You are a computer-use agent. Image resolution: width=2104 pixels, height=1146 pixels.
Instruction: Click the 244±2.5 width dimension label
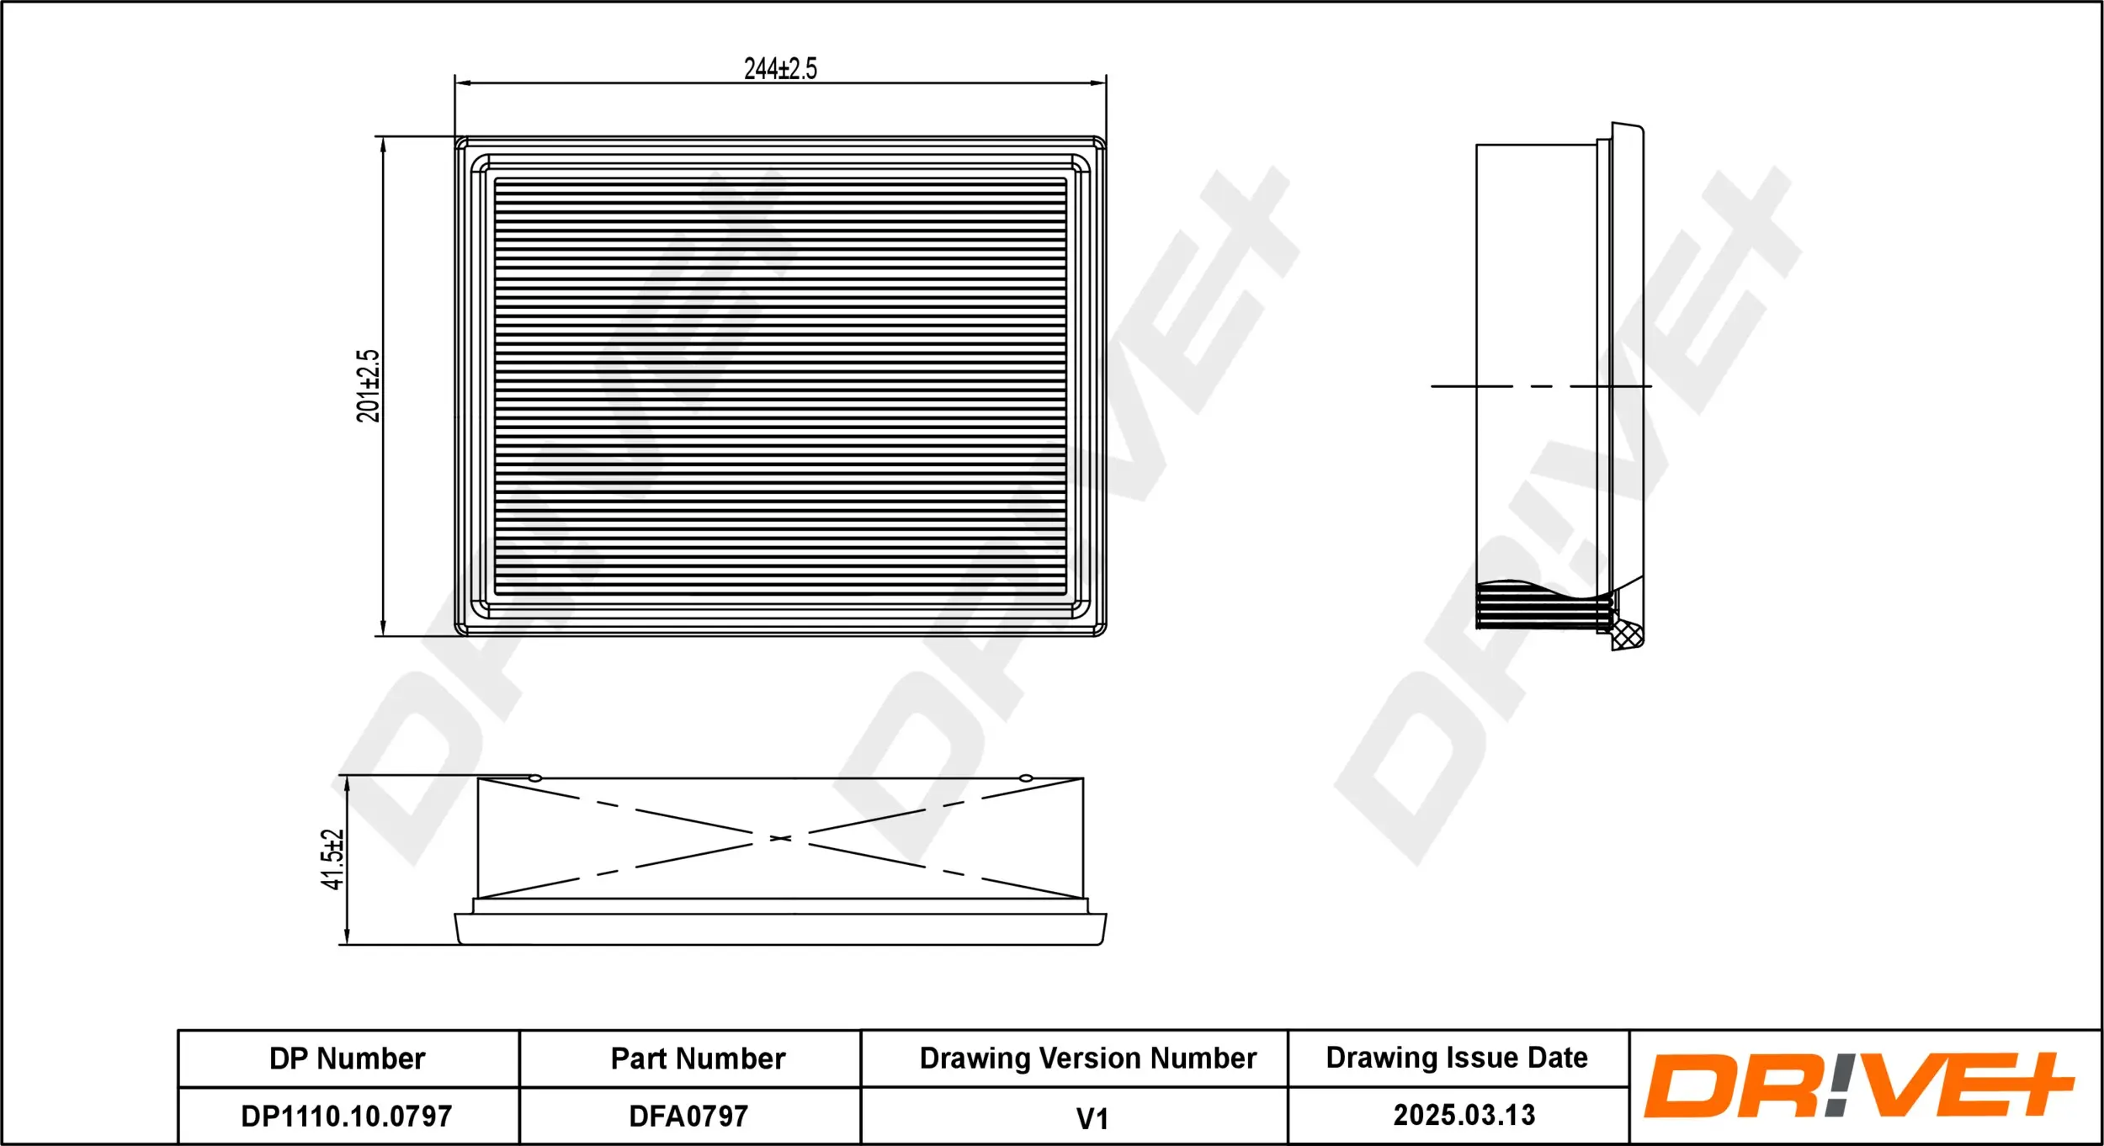coord(780,68)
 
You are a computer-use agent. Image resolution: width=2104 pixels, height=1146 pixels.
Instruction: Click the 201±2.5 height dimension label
coord(368,386)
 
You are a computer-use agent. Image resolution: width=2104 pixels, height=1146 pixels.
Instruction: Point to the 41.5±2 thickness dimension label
coord(332,859)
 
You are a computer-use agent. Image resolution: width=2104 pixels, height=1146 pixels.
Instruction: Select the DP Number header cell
coord(347,1058)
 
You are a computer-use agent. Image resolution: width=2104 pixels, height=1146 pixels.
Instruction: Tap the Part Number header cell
coord(698,1058)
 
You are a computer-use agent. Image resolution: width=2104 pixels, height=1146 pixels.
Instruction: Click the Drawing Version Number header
coord(1087,1058)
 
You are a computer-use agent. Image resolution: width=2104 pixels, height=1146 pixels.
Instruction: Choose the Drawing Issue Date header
coord(1457,1057)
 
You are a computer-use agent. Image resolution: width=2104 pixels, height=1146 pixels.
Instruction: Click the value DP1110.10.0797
coord(347,1117)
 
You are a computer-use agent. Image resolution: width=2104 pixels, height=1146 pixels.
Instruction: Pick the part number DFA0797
coord(688,1117)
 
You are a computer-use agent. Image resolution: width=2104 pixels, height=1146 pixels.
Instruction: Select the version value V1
coord(1092,1119)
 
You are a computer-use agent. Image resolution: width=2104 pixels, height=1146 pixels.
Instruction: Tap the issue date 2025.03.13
coord(1464,1115)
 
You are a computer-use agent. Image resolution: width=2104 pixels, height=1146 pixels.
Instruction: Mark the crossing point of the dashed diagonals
coord(780,839)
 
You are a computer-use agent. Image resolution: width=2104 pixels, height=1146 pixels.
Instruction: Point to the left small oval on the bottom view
coord(535,778)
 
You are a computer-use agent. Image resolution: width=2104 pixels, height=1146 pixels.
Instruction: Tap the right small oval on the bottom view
coord(1026,778)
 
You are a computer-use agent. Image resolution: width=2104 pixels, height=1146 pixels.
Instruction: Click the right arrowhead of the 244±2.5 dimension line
coord(1098,83)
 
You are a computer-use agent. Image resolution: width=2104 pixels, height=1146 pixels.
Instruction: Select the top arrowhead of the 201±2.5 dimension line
coord(383,144)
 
